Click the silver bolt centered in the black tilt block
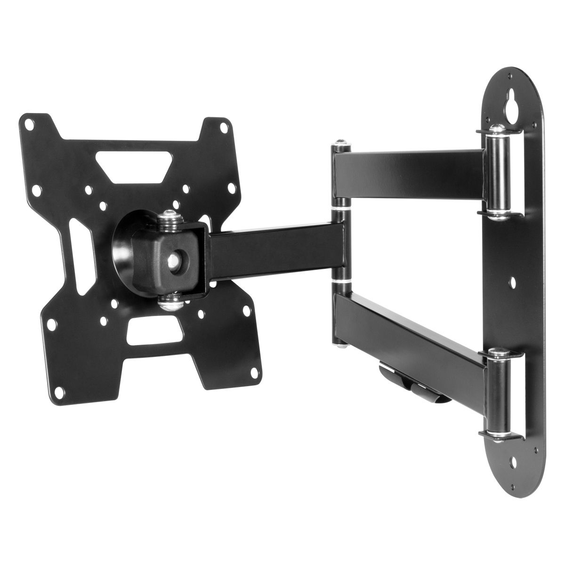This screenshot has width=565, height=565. [x=175, y=259]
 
